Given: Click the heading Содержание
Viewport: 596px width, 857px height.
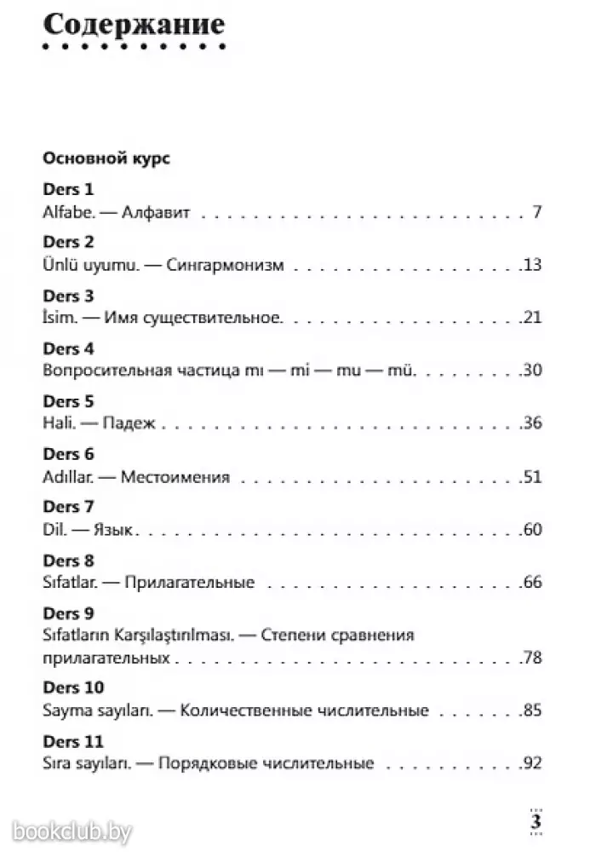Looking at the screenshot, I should (135, 26).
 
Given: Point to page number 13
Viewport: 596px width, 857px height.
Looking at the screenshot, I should (533, 265).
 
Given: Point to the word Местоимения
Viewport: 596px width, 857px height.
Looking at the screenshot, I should (175, 476).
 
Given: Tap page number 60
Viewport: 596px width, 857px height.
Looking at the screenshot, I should (533, 530).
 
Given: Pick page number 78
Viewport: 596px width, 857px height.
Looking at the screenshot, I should (533, 658).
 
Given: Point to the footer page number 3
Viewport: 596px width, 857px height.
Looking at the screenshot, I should (536, 822).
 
